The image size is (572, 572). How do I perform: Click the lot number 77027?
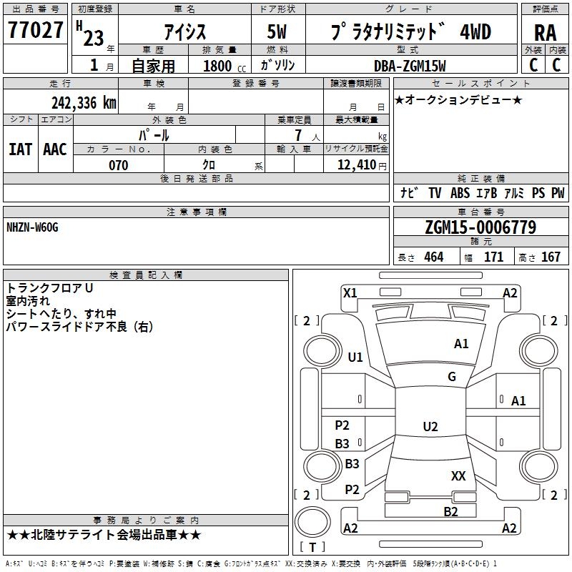(x=35, y=29)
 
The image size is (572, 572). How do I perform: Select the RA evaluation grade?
(x=545, y=33)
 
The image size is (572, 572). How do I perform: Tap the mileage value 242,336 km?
(x=84, y=103)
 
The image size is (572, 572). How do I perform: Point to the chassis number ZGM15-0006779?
(x=480, y=227)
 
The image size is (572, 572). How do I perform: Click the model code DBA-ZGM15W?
(x=410, y=66)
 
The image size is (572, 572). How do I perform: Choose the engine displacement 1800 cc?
(x=224, y=66)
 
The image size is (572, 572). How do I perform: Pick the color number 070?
(x=118, y=165)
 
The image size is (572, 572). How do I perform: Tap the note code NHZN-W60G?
(x=32, y=227)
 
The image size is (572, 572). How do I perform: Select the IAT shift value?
(x=20, y=149)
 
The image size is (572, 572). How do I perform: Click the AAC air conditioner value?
(x=55, y=149)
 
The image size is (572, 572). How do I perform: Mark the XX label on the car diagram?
(x=458, y=475)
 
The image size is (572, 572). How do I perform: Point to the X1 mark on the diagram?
(x=350, y=293)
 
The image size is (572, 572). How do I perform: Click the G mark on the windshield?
(x=452, y=377)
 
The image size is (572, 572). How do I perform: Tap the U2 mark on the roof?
(x=430, y=426)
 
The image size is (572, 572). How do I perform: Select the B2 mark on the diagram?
(x=450, y=511)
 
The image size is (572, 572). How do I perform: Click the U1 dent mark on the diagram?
(x=355, y=357)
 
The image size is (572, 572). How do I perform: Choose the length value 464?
(x=434, y=257)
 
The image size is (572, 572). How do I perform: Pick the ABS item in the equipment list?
(x=460, y=193)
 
